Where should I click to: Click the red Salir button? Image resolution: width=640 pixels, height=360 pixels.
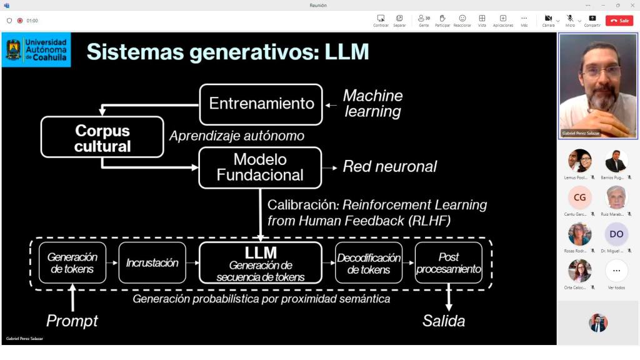pyautogui.click(x=619, y=20)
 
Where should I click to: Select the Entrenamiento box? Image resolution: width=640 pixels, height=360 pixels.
pyautogui.click(x=261, y=104)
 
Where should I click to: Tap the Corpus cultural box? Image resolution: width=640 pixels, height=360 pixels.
pyautogui.click(x=102, y=137)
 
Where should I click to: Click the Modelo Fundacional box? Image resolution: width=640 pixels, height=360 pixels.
pyautogui.click(x=260, y=167)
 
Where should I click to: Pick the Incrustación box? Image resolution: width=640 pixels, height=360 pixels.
pyautogui.click(x=152, y=263)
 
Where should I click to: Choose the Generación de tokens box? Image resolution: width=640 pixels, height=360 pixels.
pyautogui.click(x=72, y=263)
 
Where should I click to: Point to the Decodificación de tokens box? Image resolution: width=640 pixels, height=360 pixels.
pyautogui.click(x=369, y=263)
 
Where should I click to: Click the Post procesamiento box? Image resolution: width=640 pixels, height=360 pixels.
pyautogui.click(x=448, y=263)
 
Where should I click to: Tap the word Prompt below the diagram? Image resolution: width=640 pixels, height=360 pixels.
pyautogui.click(x=72, y=321)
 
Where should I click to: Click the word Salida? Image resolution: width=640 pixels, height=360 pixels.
pyautogui.click(x=444, y=321)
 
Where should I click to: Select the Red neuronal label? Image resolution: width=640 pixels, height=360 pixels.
pyautogui.click(x=389, y=166)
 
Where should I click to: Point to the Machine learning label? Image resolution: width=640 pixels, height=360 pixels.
pyautogui.click(x=373, y=104)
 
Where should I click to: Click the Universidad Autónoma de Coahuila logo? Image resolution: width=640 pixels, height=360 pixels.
pyautogui.click(x=36, y=50)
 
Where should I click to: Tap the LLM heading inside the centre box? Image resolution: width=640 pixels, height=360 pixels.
pyautogui.click(x=261, y=253)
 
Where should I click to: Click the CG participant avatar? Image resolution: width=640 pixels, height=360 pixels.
pyautogui.click(x=579, y=197)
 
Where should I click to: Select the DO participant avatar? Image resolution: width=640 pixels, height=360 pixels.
pyautogui.click(x=616, y=234)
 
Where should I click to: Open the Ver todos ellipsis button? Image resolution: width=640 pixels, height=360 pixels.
pyautogui.click(x=616, y=271)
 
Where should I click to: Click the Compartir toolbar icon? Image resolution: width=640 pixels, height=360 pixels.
pyautogui.click(x=592, y=19)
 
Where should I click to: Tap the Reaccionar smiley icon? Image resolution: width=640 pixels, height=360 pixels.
pyautogui.click(x=462, y=19)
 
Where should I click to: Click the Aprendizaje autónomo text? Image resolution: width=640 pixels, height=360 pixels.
pyautogui.click(x=237, y=136)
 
